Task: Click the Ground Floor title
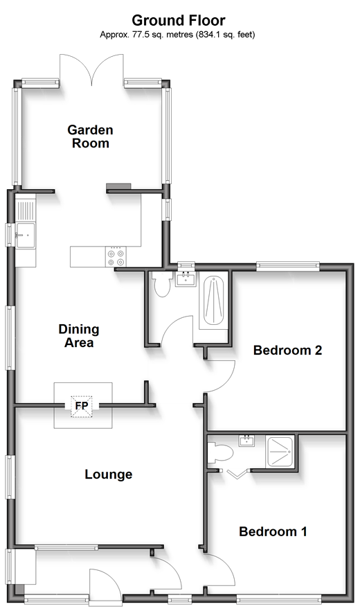179,20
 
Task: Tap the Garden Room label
91,136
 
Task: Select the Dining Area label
79,336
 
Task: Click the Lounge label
109,475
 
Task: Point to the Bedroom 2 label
287,350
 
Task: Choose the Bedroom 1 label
273,531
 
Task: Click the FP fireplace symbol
82,407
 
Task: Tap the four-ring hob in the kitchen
117,257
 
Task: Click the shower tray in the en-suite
280,451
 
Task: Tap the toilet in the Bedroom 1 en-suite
219,453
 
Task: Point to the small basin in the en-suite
246,441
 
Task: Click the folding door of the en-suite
237,475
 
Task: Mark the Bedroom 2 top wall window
287,266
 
